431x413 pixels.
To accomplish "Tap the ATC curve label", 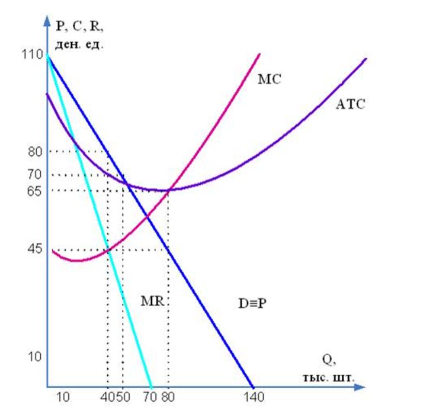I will [350, 104].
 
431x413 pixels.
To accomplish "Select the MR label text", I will [152, 301].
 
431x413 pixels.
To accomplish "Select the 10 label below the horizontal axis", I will [61, 398].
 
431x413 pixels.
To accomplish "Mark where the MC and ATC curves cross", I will [169, 190].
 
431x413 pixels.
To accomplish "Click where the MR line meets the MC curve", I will [108, 251].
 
